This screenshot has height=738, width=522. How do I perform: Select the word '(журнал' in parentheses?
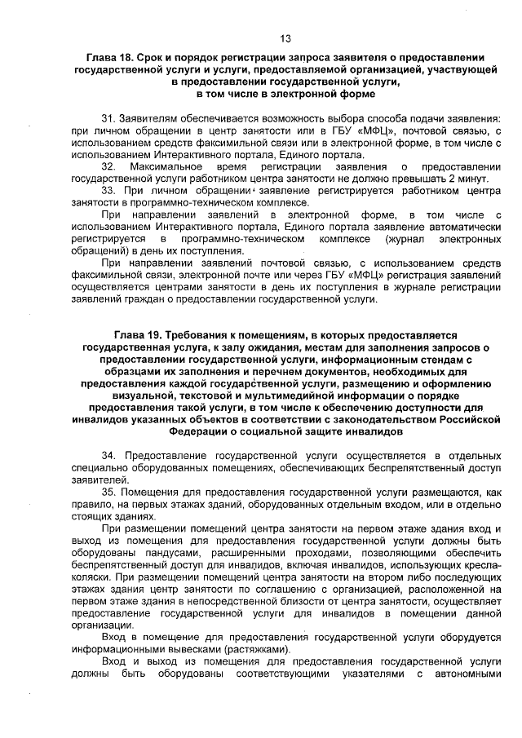tap(400, 238)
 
